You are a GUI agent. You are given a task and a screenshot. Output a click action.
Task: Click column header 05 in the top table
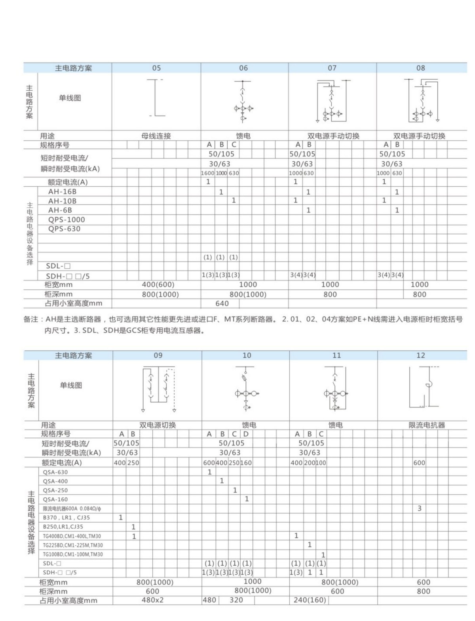[156, 68]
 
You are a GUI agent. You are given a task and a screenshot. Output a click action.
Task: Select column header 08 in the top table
[420, 68]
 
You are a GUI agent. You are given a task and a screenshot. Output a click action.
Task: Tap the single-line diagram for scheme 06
[243, 101]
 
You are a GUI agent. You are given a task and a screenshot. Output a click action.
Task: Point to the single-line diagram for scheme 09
[158, 388]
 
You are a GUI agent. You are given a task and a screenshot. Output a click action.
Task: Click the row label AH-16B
[62, 192]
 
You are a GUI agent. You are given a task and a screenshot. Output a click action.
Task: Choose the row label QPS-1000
[66, 220]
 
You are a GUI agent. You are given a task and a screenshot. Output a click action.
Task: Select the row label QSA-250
[55, 490]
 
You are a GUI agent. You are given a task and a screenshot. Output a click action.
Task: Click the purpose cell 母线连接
[156, 136]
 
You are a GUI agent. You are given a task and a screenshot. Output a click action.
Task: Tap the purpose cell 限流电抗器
[427, 425]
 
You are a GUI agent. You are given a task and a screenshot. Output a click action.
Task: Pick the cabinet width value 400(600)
[158, 285]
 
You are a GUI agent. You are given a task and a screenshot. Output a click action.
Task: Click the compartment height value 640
[222, 304]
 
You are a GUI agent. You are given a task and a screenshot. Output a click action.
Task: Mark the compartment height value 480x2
[152, 600]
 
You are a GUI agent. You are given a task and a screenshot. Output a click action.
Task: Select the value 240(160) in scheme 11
[310, 600]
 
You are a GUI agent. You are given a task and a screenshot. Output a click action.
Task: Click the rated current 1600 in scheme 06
[207, 173]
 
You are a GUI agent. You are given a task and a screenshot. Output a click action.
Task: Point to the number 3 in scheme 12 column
[420, 508]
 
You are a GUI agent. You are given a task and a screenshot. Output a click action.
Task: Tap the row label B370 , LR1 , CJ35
[66, 518]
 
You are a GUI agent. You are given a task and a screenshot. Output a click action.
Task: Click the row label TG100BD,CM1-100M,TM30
[72, 554]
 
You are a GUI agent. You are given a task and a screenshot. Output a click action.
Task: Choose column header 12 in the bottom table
[420, 355]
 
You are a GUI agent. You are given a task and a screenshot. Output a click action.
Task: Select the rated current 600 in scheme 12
[419, 462]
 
